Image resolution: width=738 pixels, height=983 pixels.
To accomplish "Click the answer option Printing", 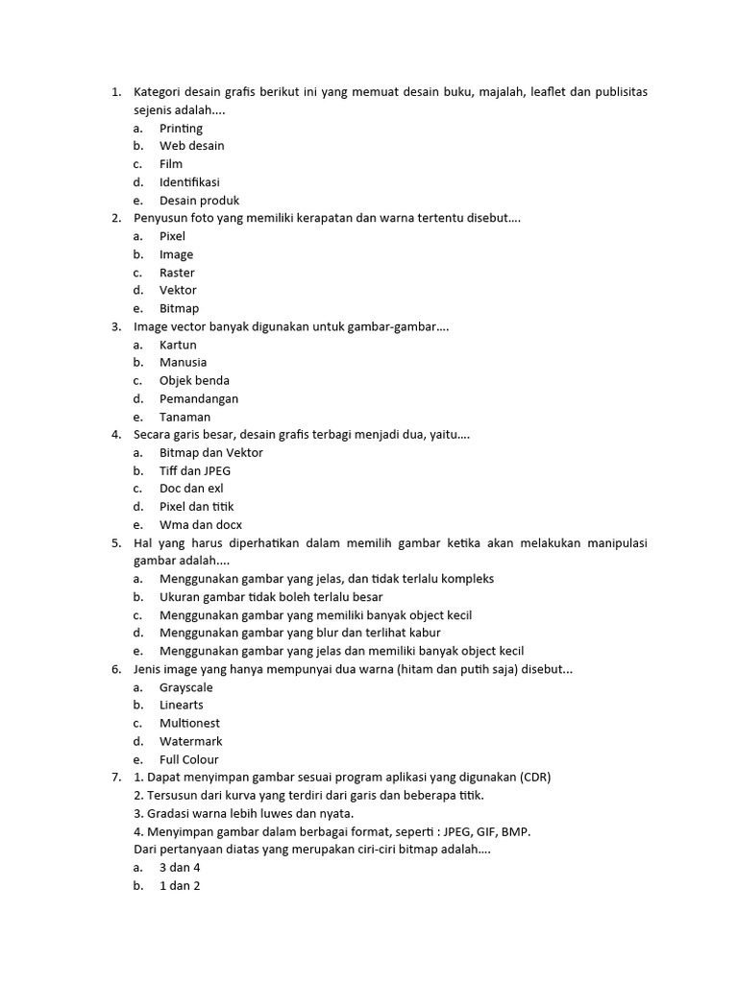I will pos(181,129).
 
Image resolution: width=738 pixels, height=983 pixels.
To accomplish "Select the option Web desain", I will pos(191,146).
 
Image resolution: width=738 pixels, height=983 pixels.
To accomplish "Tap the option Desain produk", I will pos(199,201).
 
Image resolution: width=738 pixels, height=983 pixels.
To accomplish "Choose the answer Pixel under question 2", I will pos(172,236).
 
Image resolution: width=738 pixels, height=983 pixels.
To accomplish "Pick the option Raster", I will pos(177,273).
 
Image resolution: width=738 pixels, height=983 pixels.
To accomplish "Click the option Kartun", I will pos(178,345).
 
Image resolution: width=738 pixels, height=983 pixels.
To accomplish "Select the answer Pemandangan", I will pos(199,398).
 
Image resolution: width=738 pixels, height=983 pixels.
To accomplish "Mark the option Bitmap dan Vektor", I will pos(210,453).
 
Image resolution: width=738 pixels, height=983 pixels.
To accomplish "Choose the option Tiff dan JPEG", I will pos(195,471).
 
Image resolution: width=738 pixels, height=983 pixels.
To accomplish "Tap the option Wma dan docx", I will pos(200,525).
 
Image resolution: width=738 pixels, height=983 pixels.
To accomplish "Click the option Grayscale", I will pos(185,687).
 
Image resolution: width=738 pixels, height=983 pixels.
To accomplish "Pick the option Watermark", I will pos(190,741).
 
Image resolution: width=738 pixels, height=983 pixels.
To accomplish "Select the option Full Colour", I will pos(188,759).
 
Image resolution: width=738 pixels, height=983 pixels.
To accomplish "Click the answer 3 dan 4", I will pos(179,868).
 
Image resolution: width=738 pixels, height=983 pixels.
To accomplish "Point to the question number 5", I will pos(115,543).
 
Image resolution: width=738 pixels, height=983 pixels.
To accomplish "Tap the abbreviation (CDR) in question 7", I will pos(535,778).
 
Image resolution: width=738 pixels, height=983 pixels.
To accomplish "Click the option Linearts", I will pos(181,706).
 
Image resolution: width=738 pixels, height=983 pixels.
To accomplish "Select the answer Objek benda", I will pos(194,381).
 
